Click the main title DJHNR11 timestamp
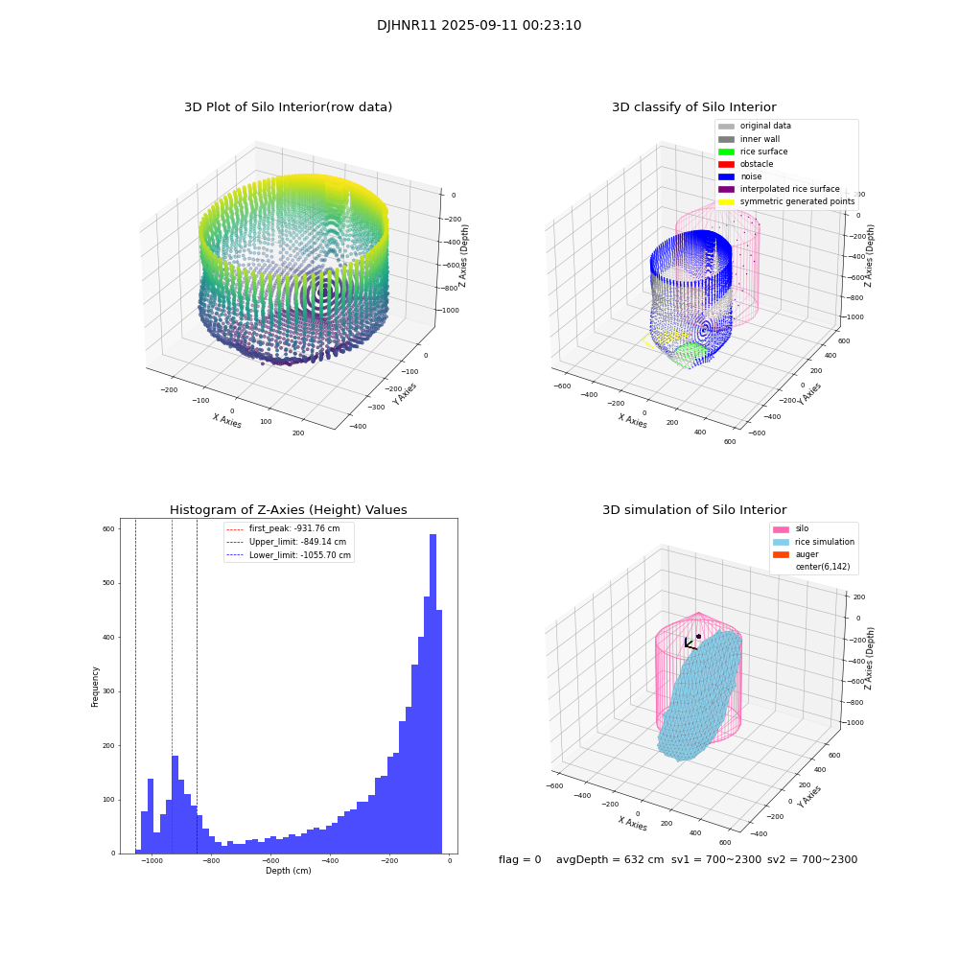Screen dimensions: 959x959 click(x=479, y=26)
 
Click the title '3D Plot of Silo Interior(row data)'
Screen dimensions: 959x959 click(x=288, y=107)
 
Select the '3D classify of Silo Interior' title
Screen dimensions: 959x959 click(x=693, y=107)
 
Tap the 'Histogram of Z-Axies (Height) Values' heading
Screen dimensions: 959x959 click(x=288, y=510)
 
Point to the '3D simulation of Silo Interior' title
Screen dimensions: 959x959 click(x=693, y=510)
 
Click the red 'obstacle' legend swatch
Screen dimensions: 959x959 click(x=726, y=164)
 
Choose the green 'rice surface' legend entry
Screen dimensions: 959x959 click(x=763, y=152)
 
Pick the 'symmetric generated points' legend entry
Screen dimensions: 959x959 click(x=796, y=201)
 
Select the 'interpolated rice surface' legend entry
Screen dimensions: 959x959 click(x=788, y=189)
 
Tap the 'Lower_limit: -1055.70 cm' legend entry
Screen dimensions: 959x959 click(x=299, y=555)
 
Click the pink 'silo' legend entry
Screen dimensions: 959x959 click(x=802, y=528)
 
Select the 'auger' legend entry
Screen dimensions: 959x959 click(x=807, y=554)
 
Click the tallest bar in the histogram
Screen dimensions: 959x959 click(x=433, y=690)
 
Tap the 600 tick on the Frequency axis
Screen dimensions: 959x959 click(x=108, y=529)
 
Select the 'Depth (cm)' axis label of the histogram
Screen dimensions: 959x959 click(x=288, y=871)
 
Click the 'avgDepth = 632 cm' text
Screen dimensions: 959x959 click(x=610, y=860)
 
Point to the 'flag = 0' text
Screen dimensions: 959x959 click(x=520, y=860)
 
